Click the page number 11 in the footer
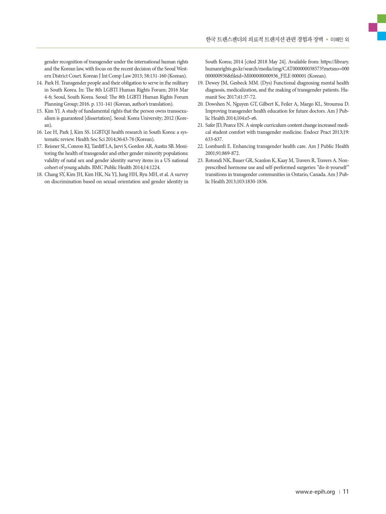(x=346, y=492)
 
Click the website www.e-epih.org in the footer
(x=315, y=492)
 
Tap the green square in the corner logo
(x=382, y=18)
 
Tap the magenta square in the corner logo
(x=373, y=27)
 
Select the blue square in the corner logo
(x=382, y=36)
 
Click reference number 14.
(x=40, y=83)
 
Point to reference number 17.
(x=40, y=146)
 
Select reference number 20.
(x=200, y=104)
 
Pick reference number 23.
(x=200, y=161)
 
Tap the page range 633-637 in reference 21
(x=214, y=139)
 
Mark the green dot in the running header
(x=327, y=39)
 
